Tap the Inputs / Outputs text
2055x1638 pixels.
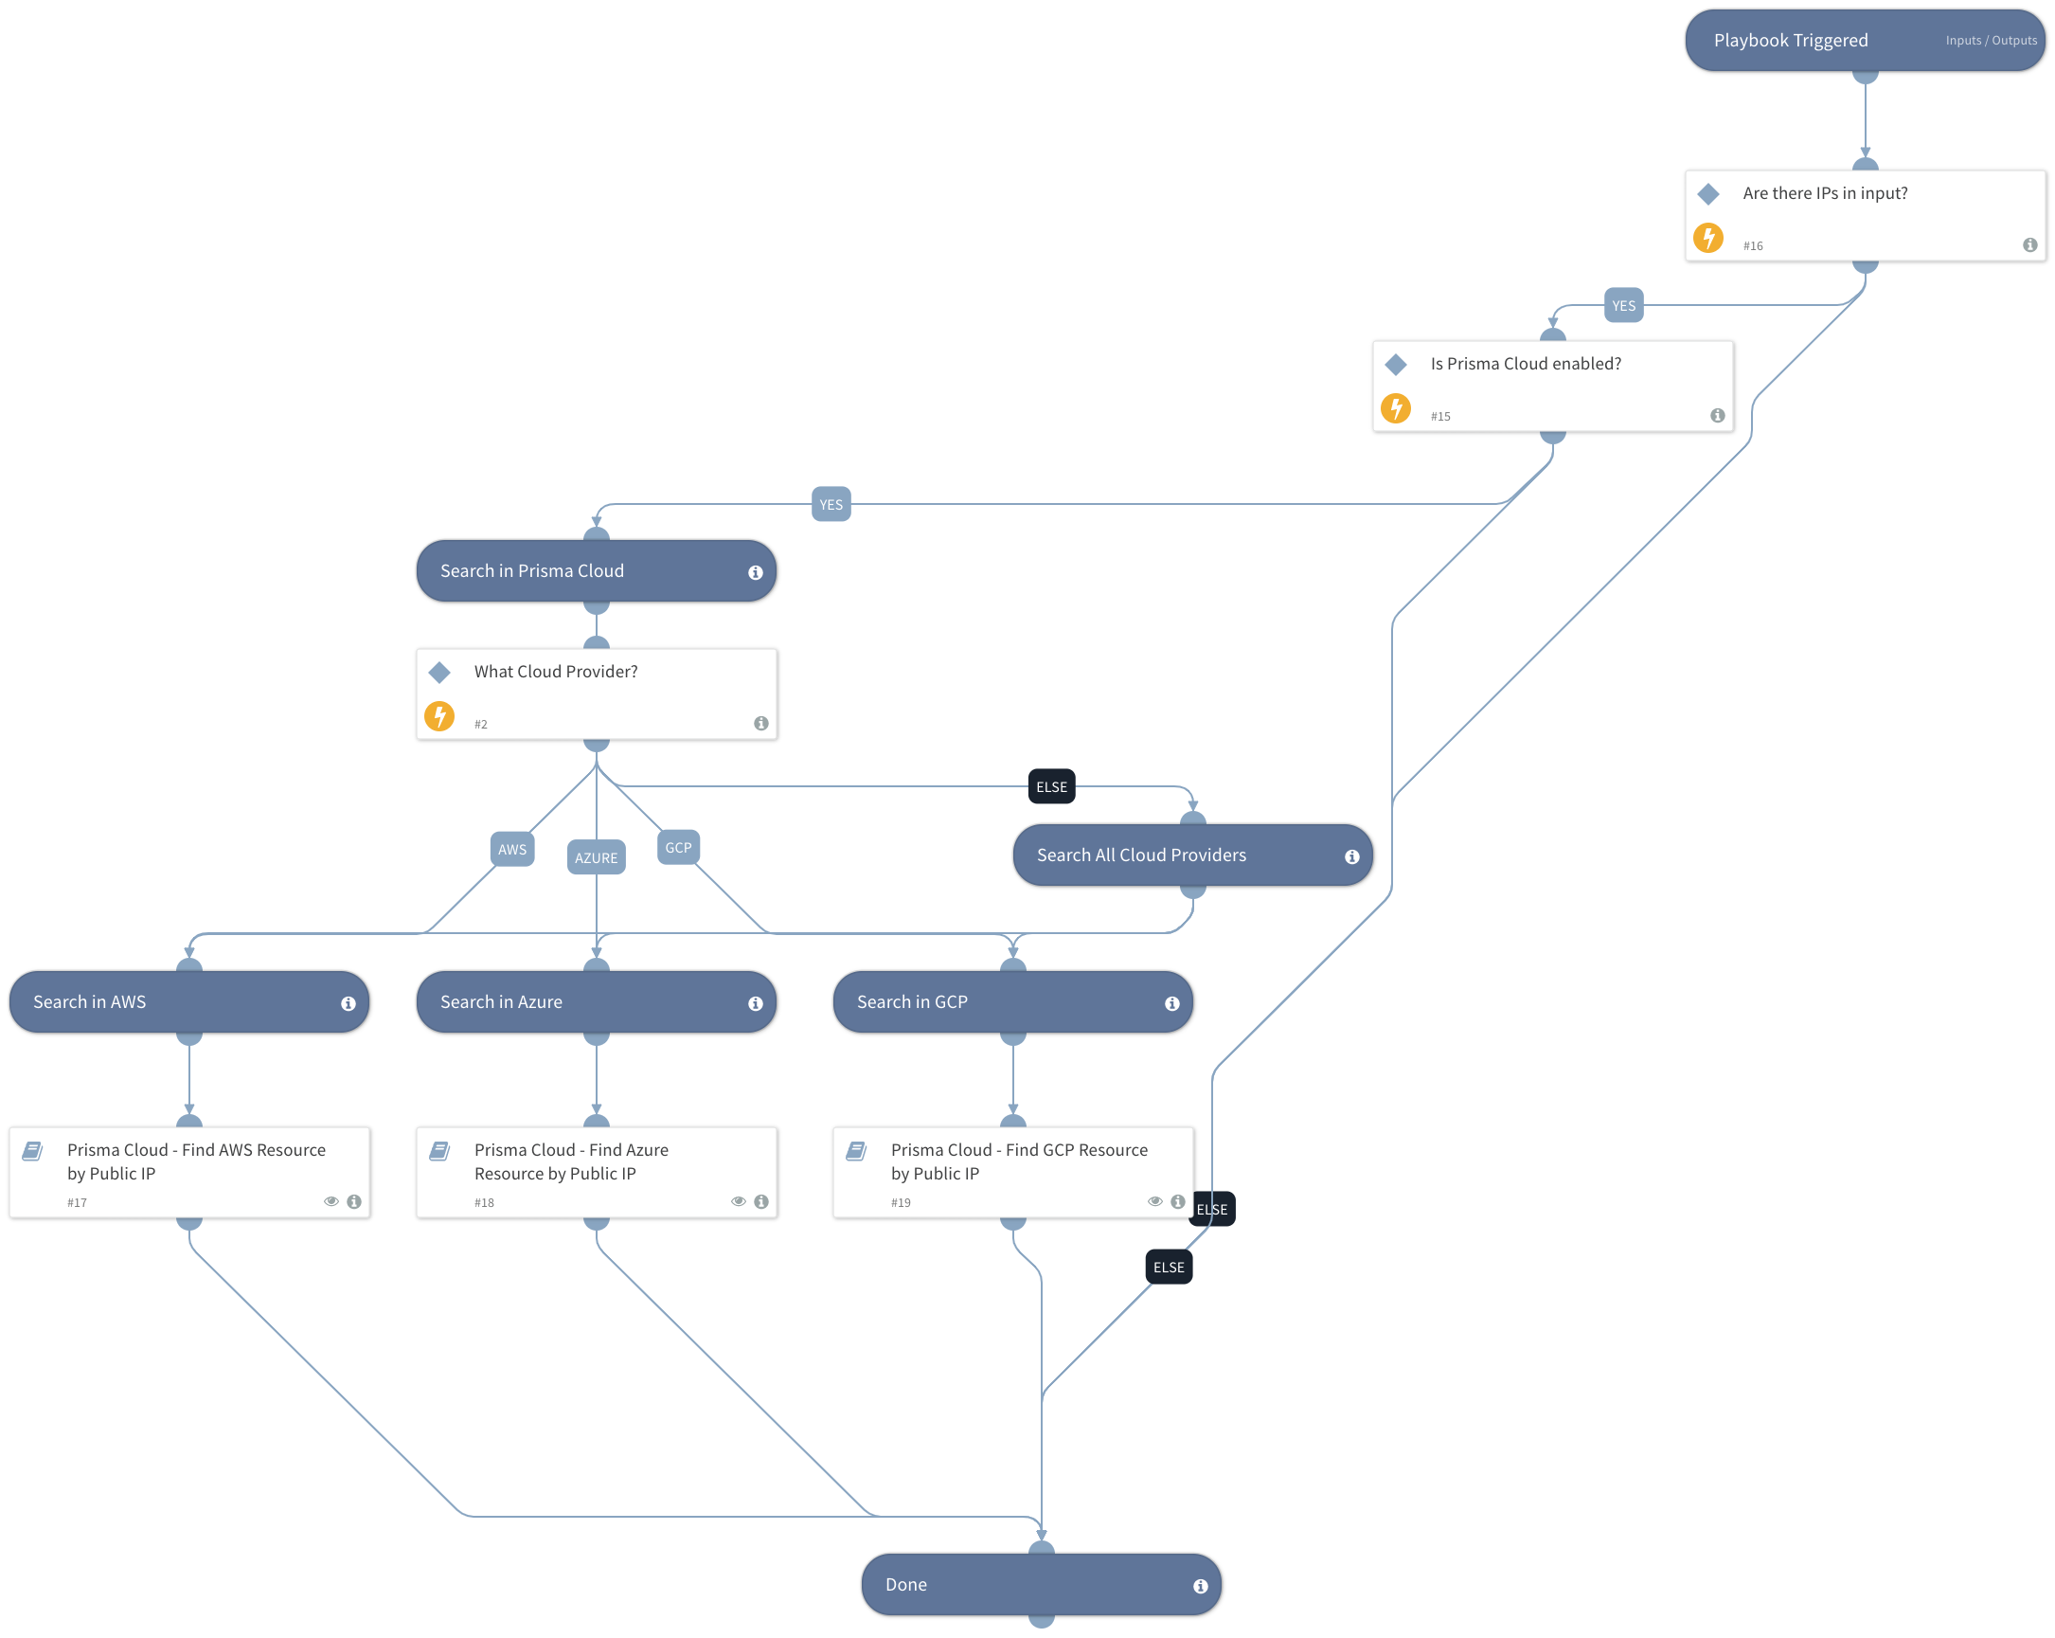tap(1991, 41)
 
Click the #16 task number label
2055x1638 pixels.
tap(1752, 246)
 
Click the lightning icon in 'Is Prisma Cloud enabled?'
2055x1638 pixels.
tap(1396, 408)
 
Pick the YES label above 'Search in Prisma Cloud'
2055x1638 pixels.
tap(831, 504)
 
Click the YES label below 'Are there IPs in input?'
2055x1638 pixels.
tap(1622, 306)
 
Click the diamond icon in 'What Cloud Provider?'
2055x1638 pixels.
tap(439, 673)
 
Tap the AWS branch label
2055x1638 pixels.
tap(511, 850)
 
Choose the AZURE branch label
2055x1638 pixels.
tap(596, 858)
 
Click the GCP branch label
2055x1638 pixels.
tap(678, 848)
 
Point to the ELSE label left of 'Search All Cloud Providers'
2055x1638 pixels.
tap(1051, 786)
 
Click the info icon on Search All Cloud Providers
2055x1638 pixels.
tap(1350, 856)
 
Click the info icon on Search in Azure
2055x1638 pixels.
tap(755, 1003)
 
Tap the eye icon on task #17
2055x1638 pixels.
tap(331, 1201)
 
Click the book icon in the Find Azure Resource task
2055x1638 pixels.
tap(439, 1151)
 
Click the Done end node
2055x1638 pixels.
tap(1040, 1585)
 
